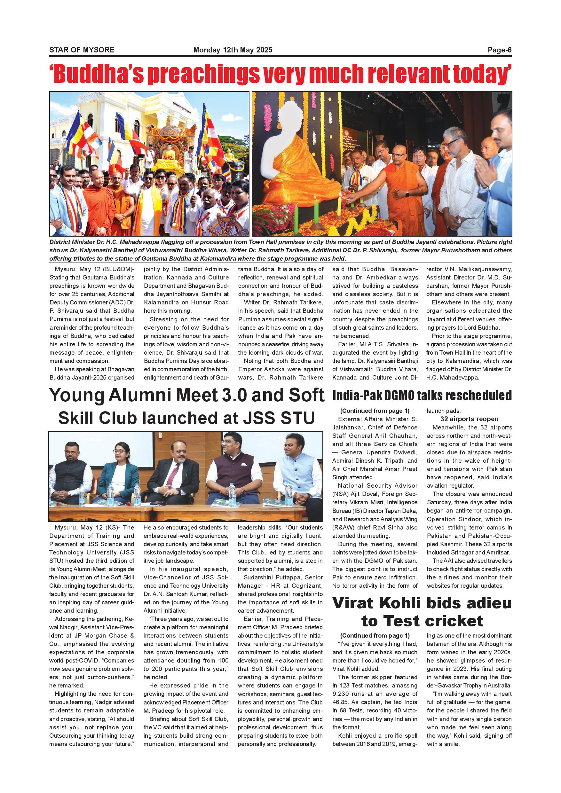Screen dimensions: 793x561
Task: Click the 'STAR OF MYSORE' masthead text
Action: tap(82, 50)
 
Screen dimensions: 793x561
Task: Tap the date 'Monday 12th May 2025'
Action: tap(233, 50)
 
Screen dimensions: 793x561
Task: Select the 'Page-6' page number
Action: tap(499, 50)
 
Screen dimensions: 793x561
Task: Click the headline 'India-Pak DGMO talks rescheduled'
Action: tap(422, 396)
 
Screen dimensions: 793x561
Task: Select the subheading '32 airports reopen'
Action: tap(469, 419)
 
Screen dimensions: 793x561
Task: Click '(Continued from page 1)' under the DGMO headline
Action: tap(375, 411)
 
